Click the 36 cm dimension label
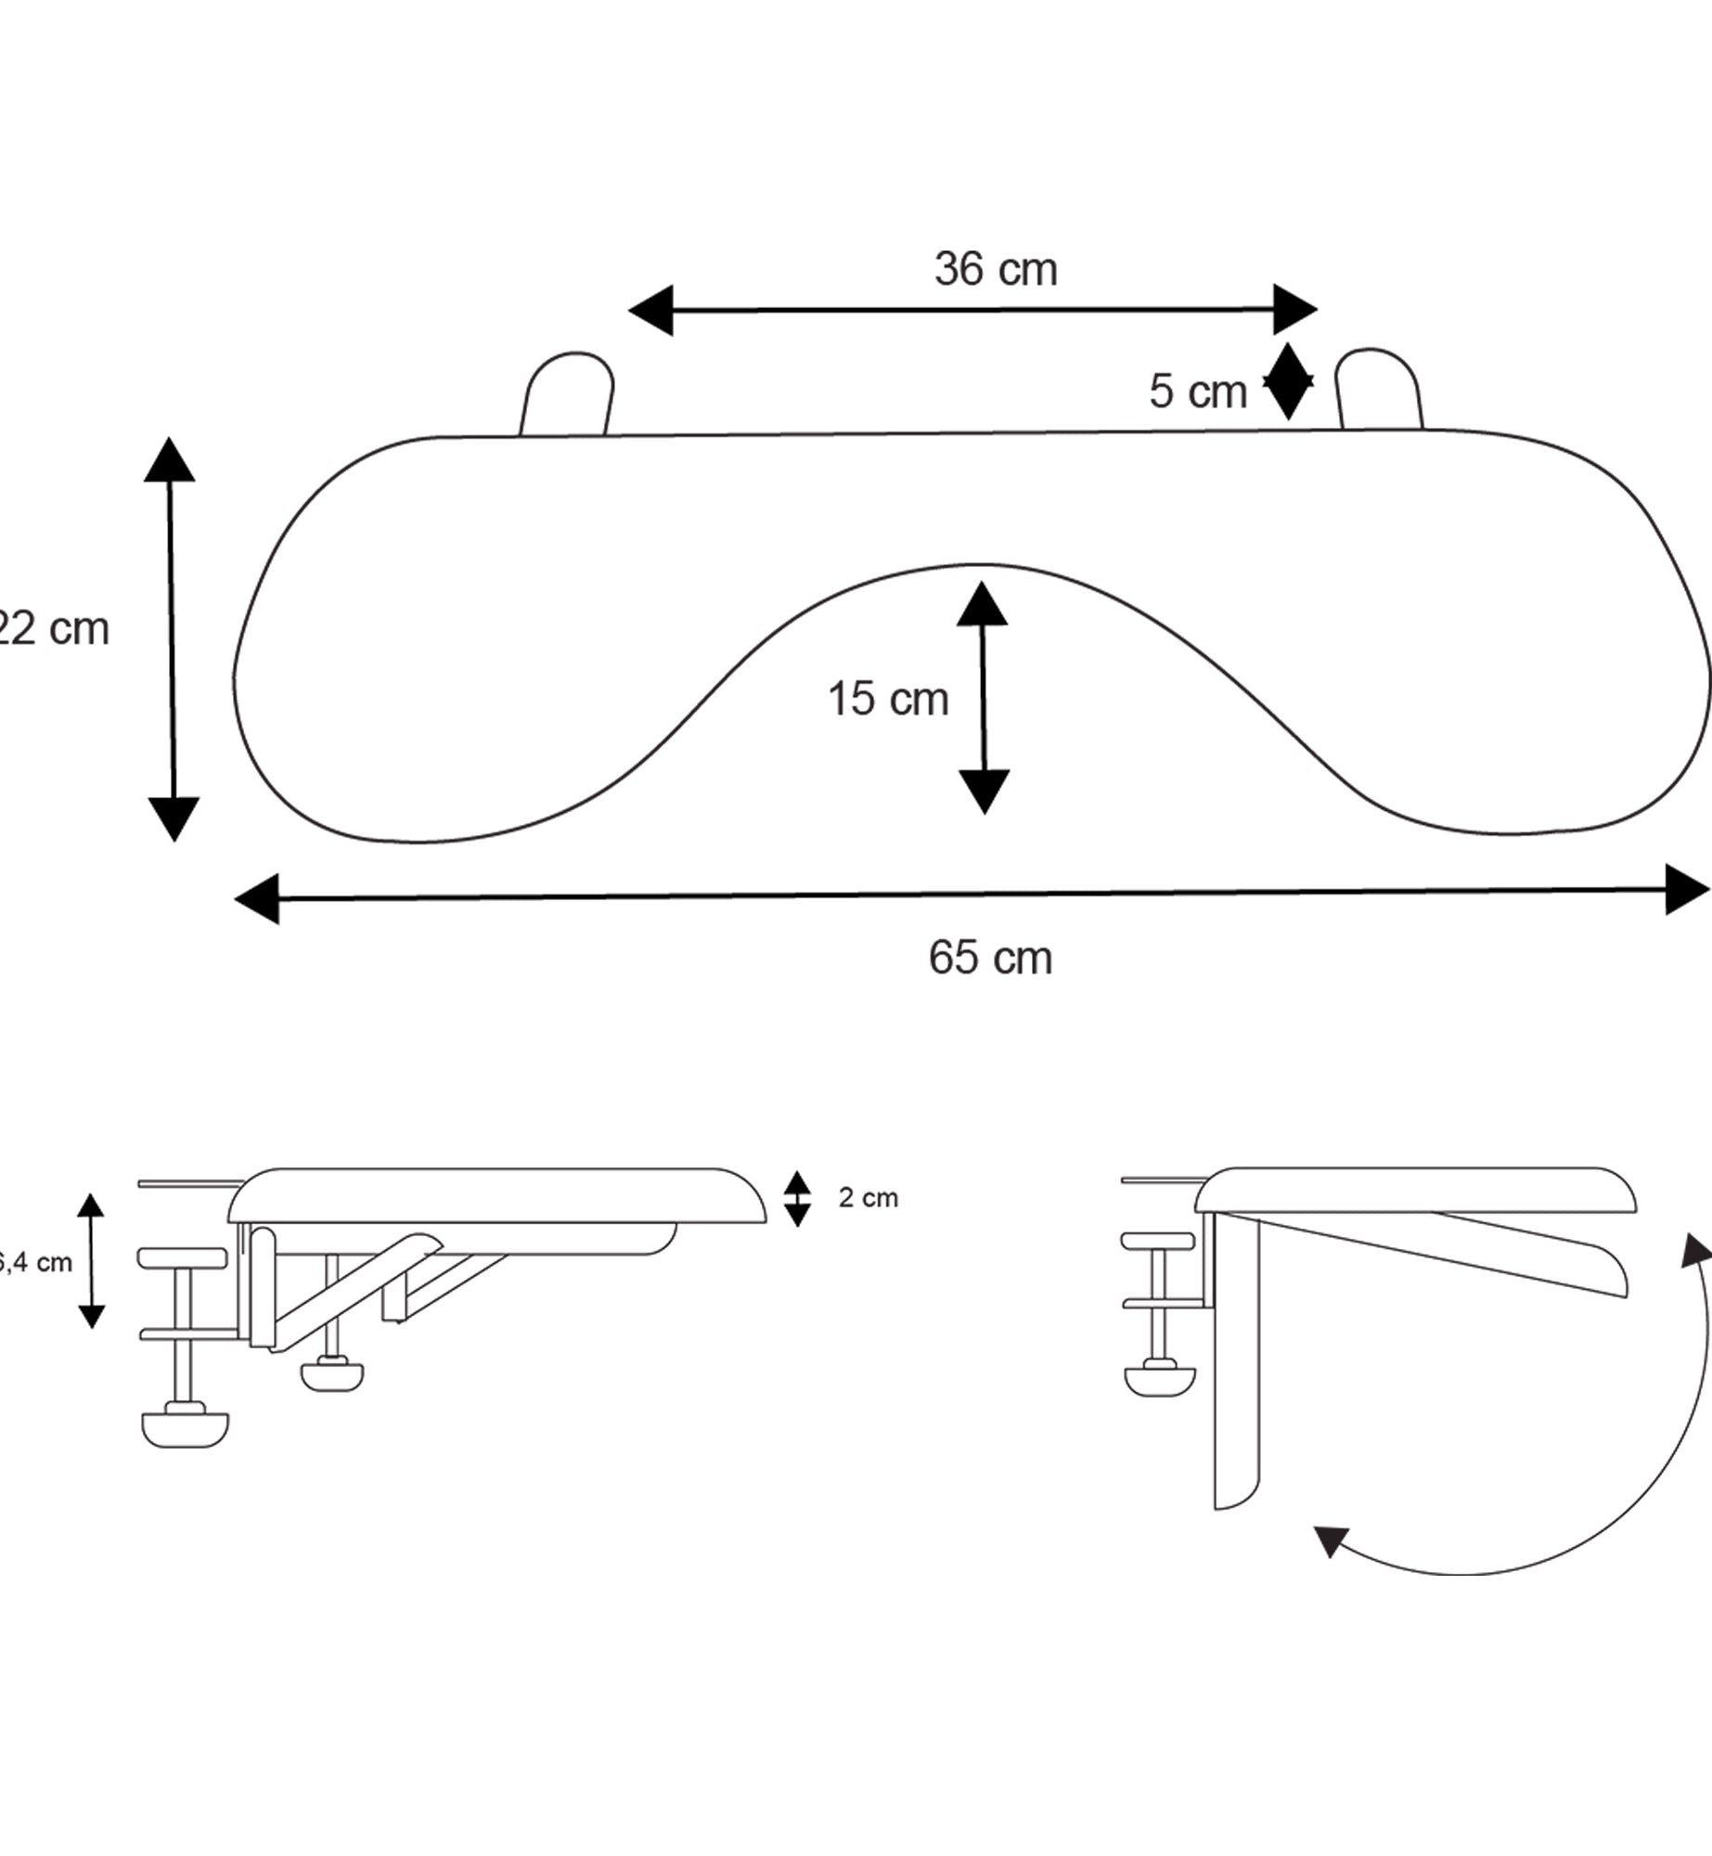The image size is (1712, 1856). tap(995, 269)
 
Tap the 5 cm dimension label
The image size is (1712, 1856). tap(1197, 391)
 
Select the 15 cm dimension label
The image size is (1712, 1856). tap(887, 699)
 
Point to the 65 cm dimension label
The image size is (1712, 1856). tap(990, 958)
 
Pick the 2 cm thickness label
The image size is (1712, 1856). tap(868, 1198)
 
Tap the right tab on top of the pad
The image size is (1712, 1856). tap(1379, 390)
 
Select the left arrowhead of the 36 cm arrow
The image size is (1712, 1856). tap(652, 310)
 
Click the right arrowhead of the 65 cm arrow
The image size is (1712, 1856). tap(1684, 889)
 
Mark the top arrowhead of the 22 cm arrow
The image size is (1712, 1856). tap(169, 460)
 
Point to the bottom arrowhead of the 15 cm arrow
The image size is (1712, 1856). tap(984, 791)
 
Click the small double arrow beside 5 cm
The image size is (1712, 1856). tap(1288, 381)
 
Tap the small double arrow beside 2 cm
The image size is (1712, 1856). tap(797, 1198)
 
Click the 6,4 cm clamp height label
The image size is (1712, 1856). tap(37, 1262)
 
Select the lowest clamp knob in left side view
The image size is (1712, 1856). tap(186, 1427)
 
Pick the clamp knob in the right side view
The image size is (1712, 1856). tap(1159, 1378)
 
